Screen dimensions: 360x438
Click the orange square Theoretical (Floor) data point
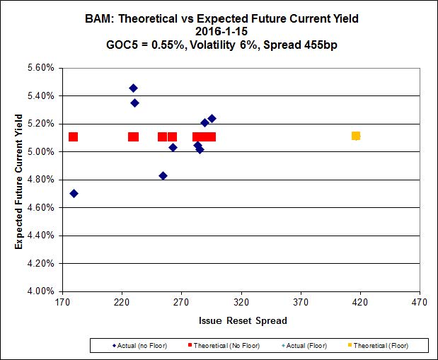coord(355,136)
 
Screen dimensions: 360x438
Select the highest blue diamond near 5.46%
coord(133,88)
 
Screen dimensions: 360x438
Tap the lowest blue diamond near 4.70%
coord(74,194)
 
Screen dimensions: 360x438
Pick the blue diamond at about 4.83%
coord(163,175)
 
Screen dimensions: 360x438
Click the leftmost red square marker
coord(73,137)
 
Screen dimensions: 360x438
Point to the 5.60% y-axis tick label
coord(40,68)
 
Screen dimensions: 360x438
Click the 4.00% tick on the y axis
coord(40,291)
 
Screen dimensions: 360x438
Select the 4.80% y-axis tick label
coord(40,180)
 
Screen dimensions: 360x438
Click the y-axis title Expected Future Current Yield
coord(19,180)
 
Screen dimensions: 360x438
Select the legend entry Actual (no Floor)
coord(134,346)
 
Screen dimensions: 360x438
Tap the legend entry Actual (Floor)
coord(304,346)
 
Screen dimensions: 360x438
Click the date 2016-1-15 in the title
coord(219,31)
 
